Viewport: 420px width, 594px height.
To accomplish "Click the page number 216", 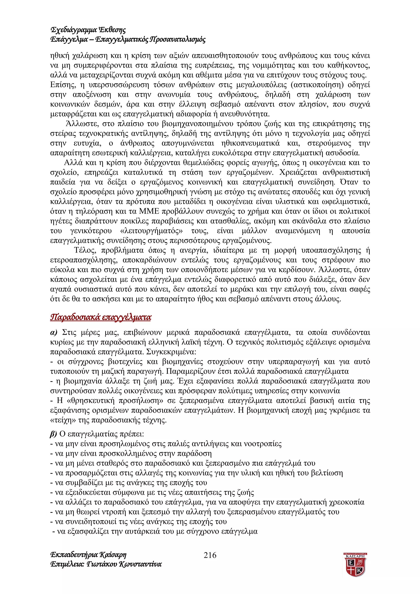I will [210, 555].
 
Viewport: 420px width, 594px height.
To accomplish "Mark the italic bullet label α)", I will [54, 332].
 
